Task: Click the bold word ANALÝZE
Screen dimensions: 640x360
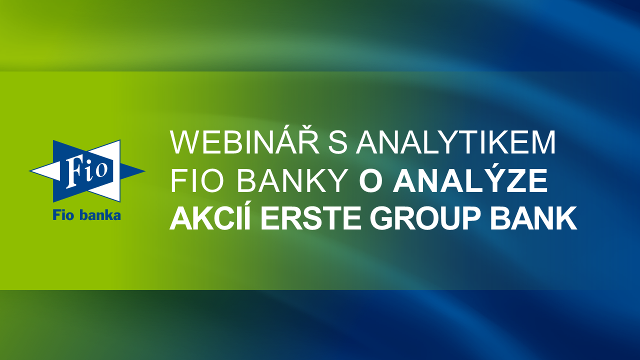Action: tap(469, 178)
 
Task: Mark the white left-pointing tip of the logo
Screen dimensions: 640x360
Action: tap(29, 171)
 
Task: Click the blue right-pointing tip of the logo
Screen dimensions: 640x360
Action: tap(144, 171)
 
